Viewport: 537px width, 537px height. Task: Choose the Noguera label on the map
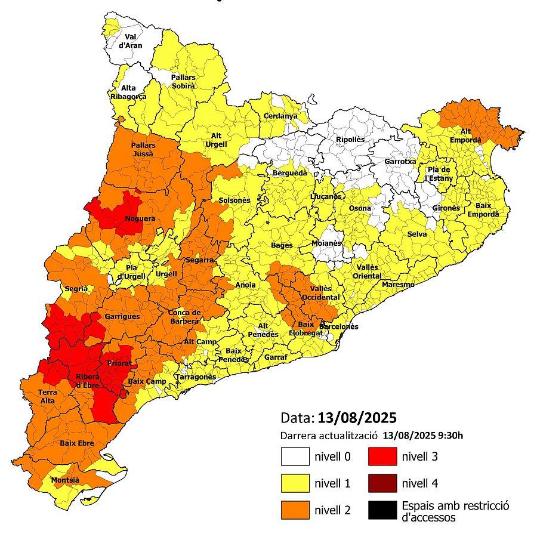coord(140,219)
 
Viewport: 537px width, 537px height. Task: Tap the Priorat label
coord(119,363)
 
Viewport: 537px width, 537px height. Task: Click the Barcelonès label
coord(339,327)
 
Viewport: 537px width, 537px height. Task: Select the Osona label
coord(360,208)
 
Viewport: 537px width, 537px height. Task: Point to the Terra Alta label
coord(48,397)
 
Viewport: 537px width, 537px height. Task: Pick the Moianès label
coord(326,243)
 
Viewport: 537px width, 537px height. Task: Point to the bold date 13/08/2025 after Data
coord(357,416)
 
